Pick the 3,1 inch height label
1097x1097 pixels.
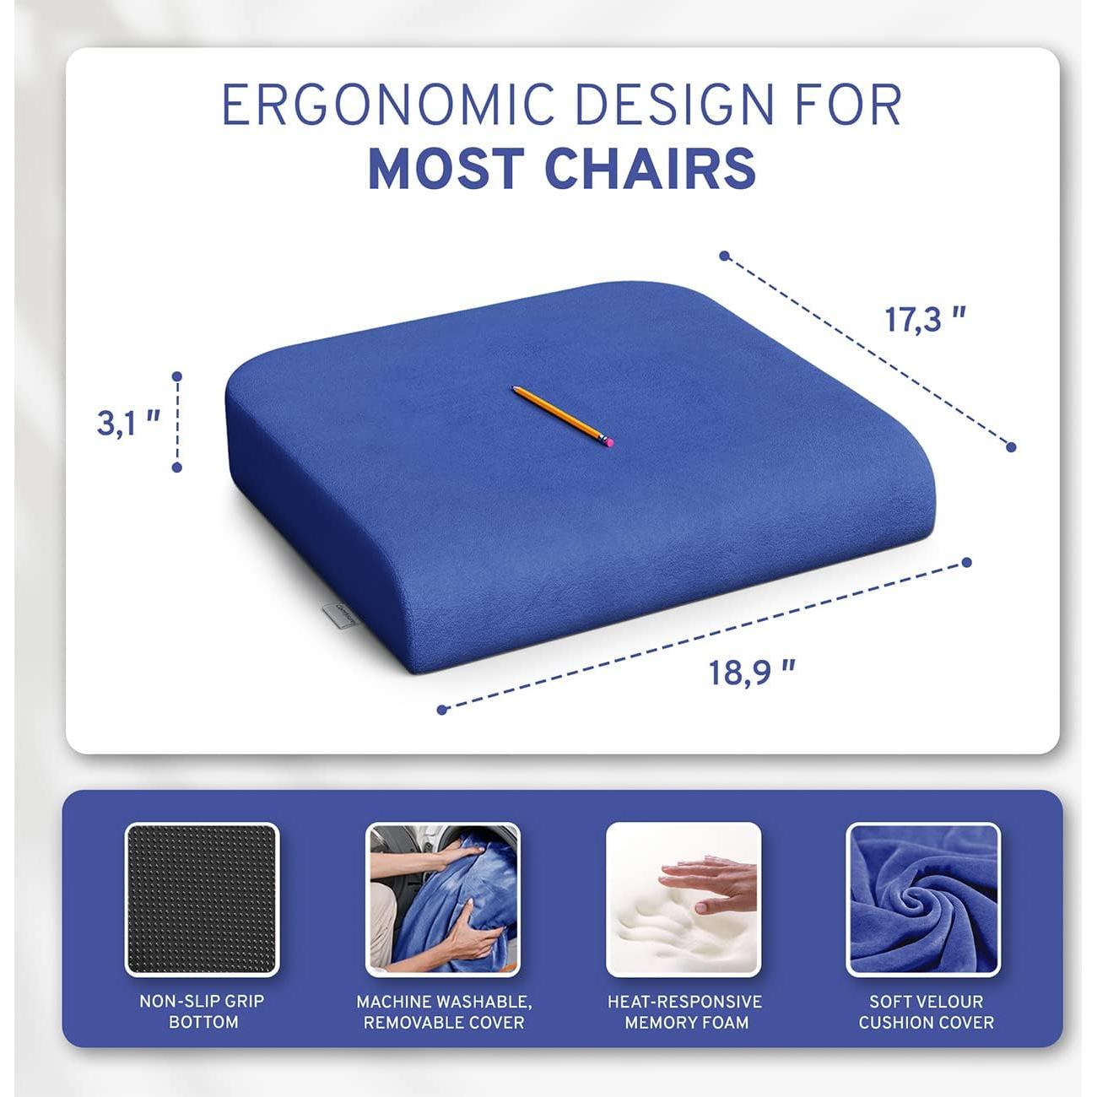pyautogui.click(x=128, y=423)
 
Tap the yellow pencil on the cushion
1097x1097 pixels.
pyautogui.click(x=559, y=413)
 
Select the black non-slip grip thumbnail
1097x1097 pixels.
pyautogui.click(x=202, y=899)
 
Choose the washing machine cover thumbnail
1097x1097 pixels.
pyautogui.click(x=442, y=899)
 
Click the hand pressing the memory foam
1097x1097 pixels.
pyautogui.click(x=709, y=882)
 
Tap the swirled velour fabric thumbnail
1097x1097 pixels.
pyautogui.click(x=923, y=899)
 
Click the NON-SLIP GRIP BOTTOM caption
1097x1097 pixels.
pyautogui.click(x=203, y=1011)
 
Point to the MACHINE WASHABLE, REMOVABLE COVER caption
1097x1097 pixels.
pyautogui.click(x=443, y=1011)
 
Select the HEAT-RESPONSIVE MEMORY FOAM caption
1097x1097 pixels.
pyautogui.click(x=684, y=1011)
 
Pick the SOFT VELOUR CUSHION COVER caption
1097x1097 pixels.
pyautogui.click(x=926, y=1011)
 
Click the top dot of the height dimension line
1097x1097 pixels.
pyautogui.click(x=177, y=376)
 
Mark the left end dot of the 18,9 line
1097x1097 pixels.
pyautogui.click(x=442, y=710)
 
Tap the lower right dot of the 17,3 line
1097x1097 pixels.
pyautogui.click(x=1011, y=447)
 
